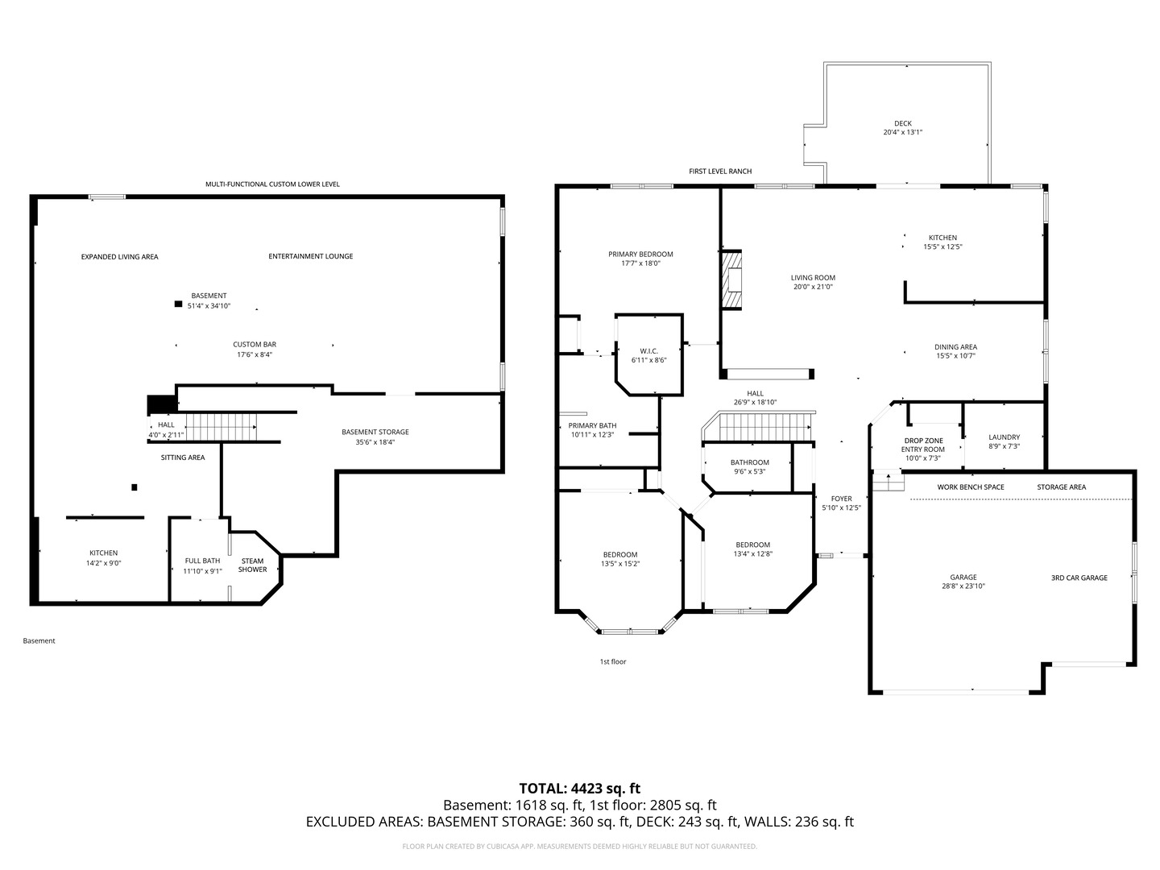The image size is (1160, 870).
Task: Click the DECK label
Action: click(x=903, y=123)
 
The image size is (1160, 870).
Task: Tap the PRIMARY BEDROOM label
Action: click(x=640, y=254)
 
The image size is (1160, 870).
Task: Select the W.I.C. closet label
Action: click(x=648, y=351)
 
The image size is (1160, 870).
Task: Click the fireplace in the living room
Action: click(x=732, y=280)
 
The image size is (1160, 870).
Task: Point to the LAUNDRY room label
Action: click(x=1004, y=437)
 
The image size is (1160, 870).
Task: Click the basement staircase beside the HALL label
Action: click(x=221, y=427)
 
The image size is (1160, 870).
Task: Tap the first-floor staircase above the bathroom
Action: click(x=758, y=426)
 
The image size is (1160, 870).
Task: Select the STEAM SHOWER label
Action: click(x=252, y=565)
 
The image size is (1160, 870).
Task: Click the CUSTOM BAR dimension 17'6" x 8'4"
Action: click(x=255, y=354)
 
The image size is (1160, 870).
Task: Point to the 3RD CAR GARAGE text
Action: click(x=1079, y=578)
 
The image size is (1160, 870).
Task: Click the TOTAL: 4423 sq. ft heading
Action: click(x=580, y=789)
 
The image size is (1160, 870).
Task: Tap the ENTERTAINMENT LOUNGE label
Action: click(x=311, y=256)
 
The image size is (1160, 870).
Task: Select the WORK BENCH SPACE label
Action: click(x=971, y=487)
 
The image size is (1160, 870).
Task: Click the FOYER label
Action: click(x=841, y=499)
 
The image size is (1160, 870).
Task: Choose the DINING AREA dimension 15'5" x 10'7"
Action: click(x=955, y=355)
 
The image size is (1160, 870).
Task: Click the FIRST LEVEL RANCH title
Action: click(x=720, y=171)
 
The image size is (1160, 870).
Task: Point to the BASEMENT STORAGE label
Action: click(x=375, y=432)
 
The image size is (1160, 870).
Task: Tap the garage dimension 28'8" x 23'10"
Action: click(x=963, y=586)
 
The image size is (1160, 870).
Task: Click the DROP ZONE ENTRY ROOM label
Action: click(x=923, y=445)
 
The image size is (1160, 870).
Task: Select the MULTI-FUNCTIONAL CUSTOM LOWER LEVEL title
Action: click(x=272, y=184)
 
